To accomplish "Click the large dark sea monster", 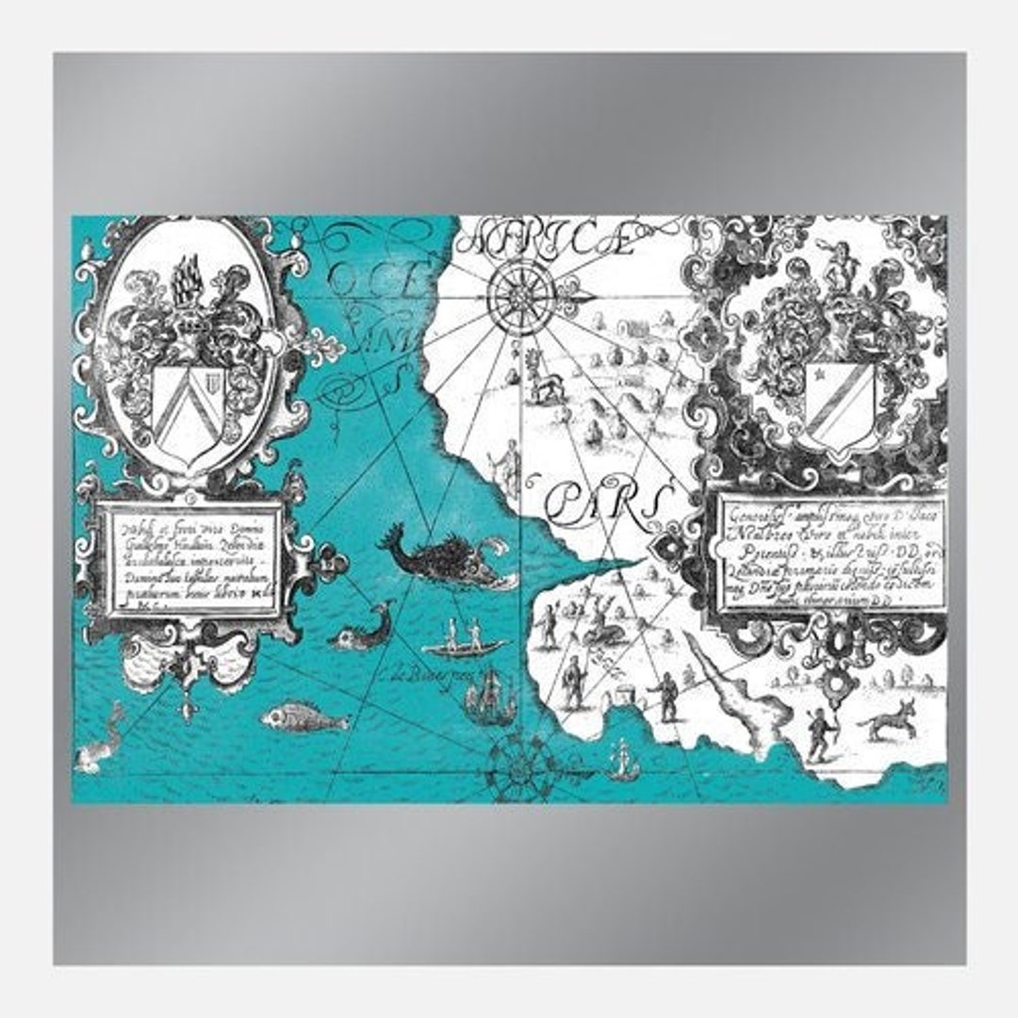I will coord(443,561).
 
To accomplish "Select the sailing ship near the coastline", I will coord(490,699).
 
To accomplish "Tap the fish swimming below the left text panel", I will coord(304,719).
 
